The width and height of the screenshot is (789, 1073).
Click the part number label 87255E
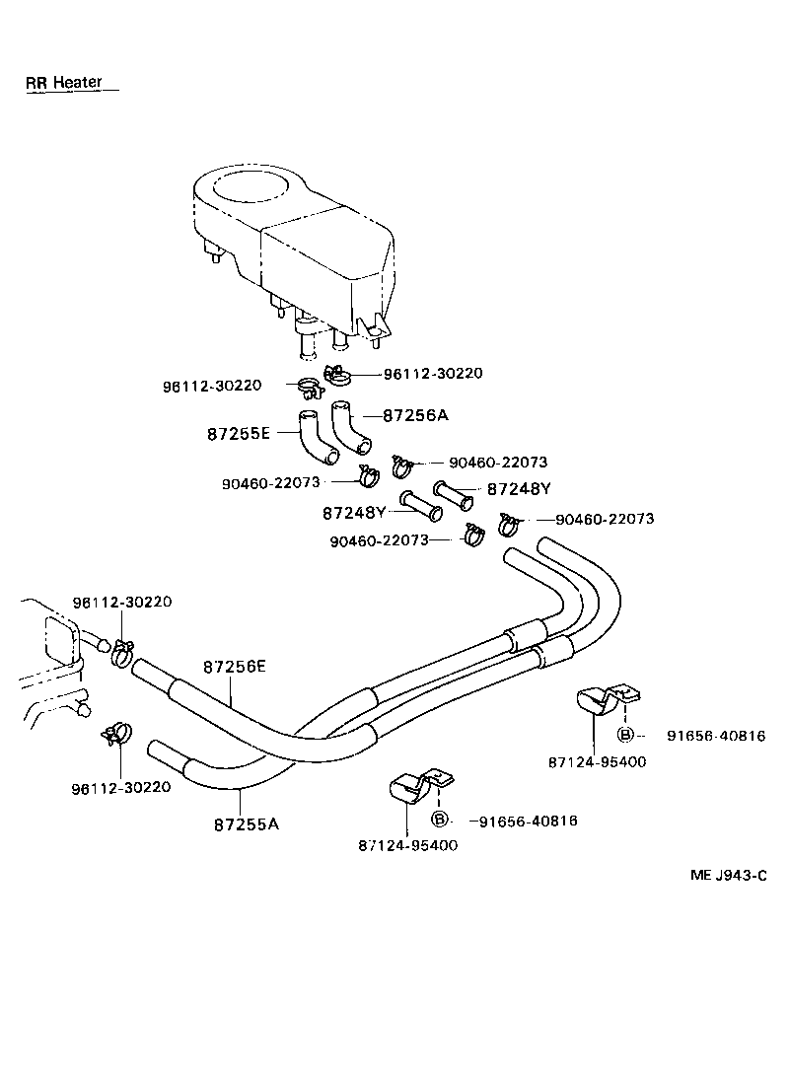tap(238, 433)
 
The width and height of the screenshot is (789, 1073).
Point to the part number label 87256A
tap(414, 415)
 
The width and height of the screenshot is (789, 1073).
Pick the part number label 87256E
tap(235, 667)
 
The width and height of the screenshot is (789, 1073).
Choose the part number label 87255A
tap(247, 823)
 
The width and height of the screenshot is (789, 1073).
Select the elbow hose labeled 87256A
tap(348, 425)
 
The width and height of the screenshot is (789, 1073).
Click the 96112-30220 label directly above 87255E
tap(212, 385)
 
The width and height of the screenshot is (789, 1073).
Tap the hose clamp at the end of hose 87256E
tap(121, 651)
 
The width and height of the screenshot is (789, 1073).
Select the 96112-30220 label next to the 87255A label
tap(121, 787)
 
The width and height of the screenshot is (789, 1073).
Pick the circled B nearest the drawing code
tap(625, 735)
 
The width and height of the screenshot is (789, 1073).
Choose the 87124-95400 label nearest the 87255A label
tap(407, 845)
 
